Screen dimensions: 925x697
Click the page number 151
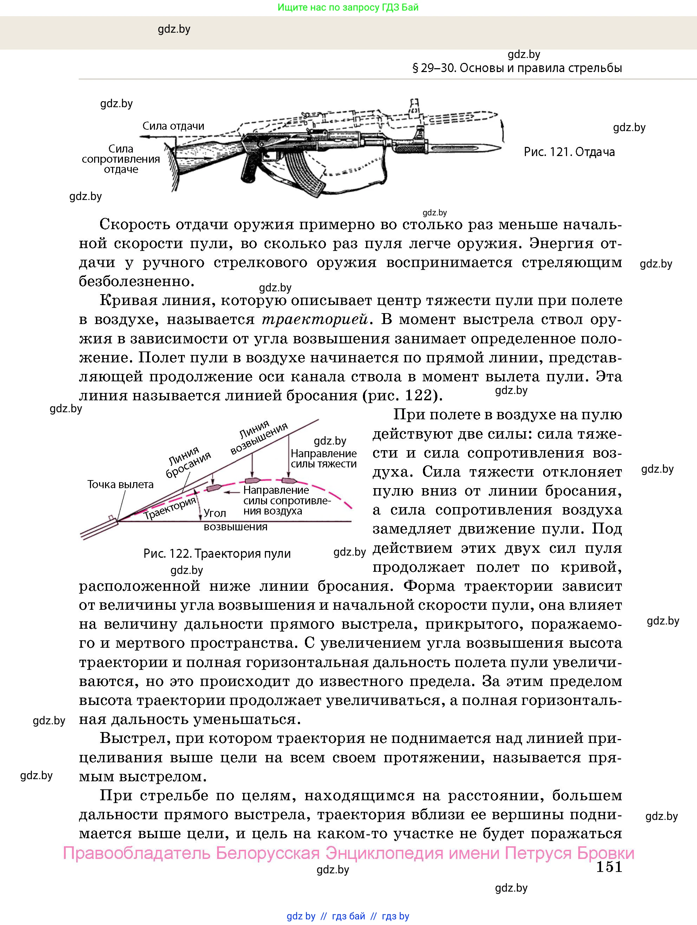[609, 867]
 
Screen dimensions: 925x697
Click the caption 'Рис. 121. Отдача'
[569, 152]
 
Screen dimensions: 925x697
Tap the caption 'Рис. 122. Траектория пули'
[217, 554]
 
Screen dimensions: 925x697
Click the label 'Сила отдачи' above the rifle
[173, 126]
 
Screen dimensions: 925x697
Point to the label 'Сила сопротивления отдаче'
[121, 159]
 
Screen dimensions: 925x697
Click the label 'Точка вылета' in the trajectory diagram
[120, 484]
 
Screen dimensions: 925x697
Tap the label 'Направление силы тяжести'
[324, 458]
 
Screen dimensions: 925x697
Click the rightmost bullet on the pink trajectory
[288, 480]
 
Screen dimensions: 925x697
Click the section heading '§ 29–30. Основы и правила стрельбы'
[517, 68]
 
